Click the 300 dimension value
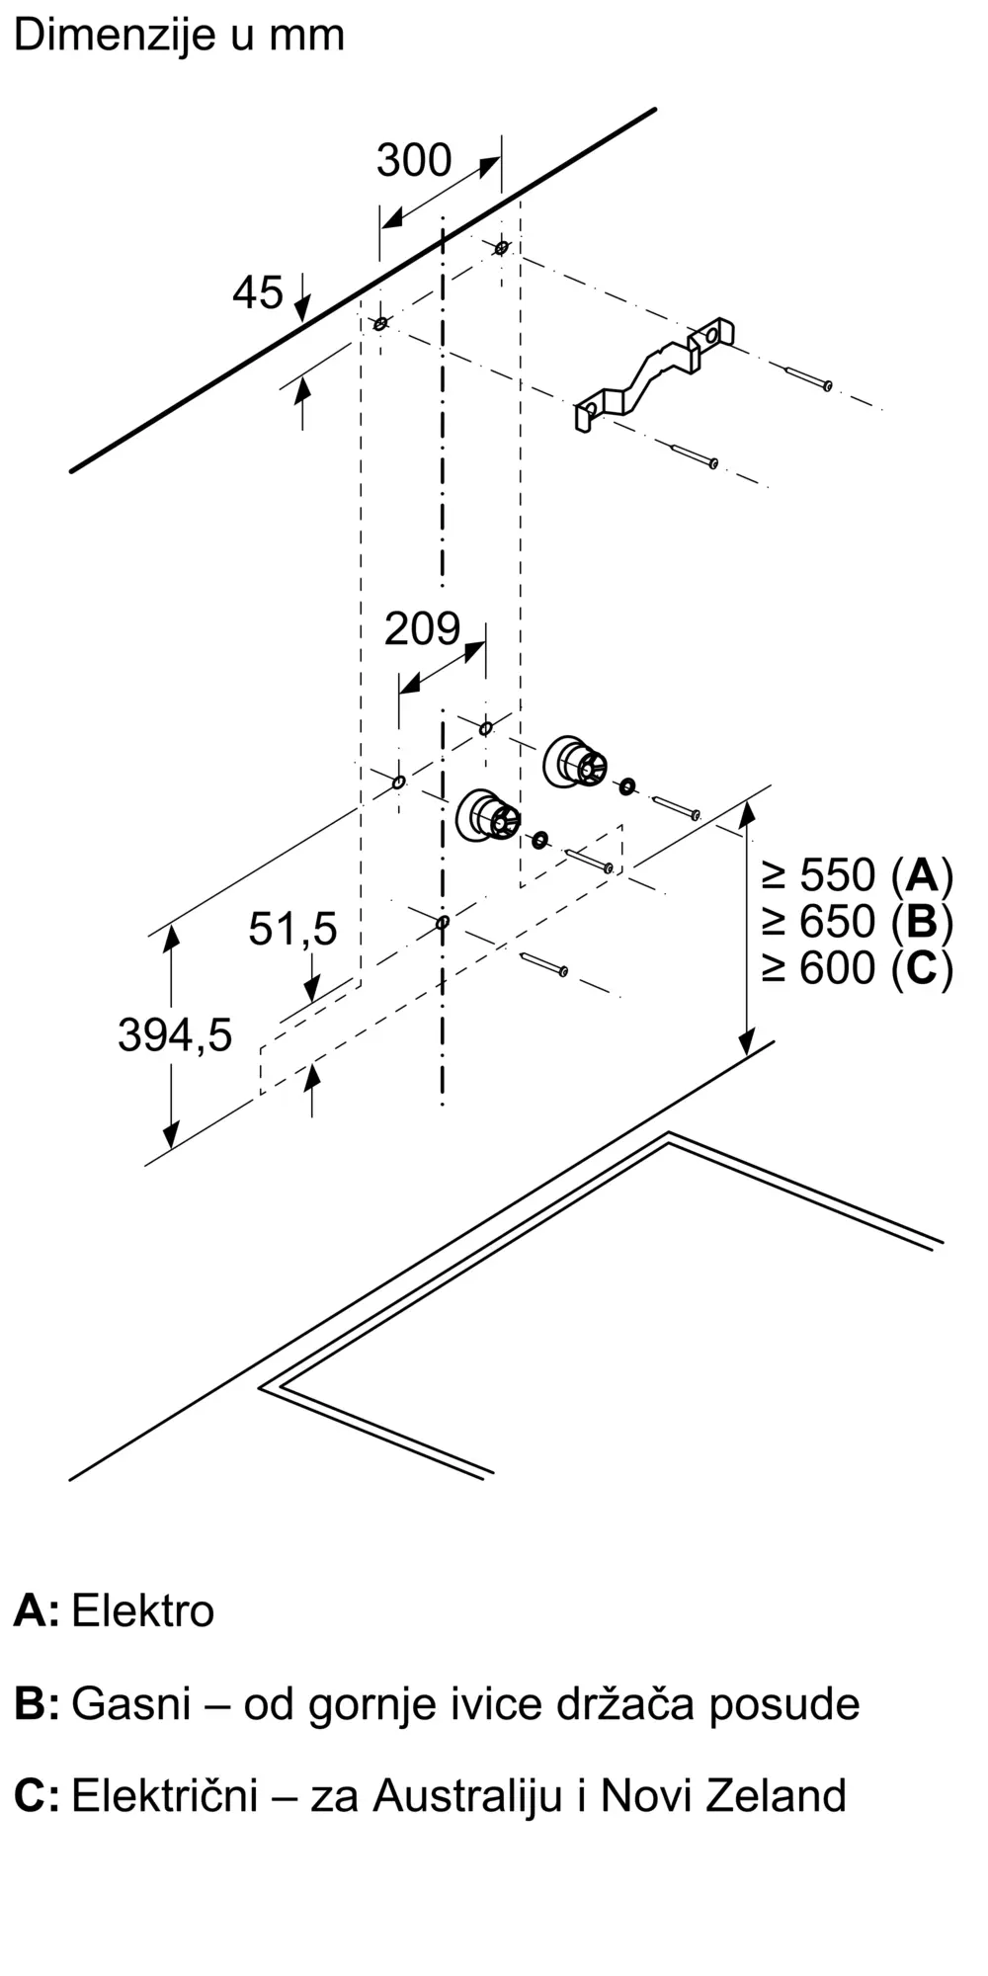tap(414, 160)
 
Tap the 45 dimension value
tap(258, 292)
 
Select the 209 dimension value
tap(423, 629)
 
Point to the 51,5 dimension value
tap(292, 929)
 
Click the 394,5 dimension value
tap(175, 1034)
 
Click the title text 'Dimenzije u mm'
tap(179, 36)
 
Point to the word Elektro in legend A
tap(143, 1611)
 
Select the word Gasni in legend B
tap(131, 1704)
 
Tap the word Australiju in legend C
tap(468, 1796)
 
